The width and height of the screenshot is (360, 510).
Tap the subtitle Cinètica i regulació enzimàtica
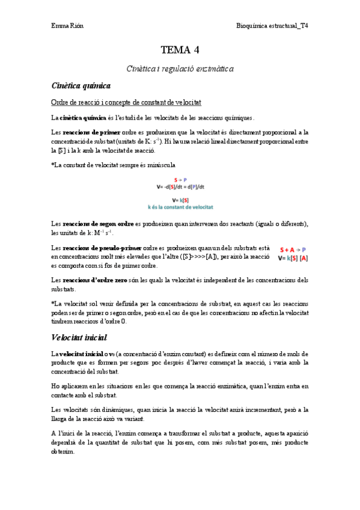(x=180, y=69)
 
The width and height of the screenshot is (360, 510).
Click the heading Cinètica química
(x=81, y=86)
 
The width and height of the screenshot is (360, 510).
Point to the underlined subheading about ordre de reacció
(x=126, y=103)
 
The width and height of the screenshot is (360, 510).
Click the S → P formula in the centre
(x=180, y=180)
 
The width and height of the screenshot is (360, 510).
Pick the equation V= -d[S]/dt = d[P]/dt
(x=180, y=186)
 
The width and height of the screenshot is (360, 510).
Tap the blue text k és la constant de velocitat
(x=180, y=207)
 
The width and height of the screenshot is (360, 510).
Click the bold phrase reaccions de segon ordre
(x=97, y=224)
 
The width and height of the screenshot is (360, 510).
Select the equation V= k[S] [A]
(x=293, y=258)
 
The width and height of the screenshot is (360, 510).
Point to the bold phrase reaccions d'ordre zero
(x=96, y=280)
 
